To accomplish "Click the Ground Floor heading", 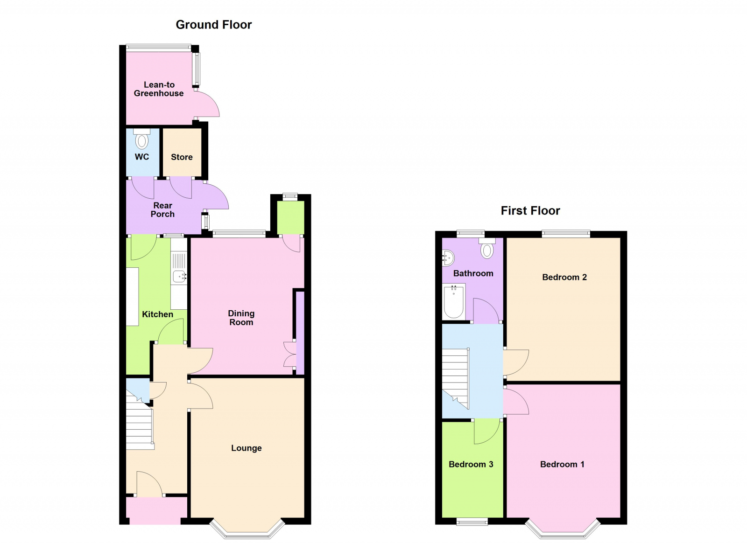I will (213, 25).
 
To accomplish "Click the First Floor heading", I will (530, 211).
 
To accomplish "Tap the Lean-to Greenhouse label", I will (159, 89).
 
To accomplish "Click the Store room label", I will (182, 157).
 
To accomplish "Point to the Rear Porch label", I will (162, 210).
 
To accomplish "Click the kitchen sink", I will (180, 277).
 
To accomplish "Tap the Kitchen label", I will (157, 314).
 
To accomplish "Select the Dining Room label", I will (241, 318).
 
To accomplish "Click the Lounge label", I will (246, 448).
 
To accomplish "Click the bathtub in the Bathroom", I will (453, 302).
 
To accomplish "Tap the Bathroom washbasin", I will (448, 258).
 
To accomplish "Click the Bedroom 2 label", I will (564, 277).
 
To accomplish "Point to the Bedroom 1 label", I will (562, 464).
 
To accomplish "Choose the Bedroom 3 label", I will (471, 464).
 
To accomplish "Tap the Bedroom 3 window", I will (472, 522).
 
